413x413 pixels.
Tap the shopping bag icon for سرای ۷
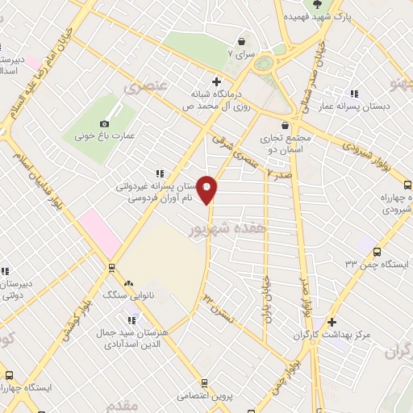[240, 41]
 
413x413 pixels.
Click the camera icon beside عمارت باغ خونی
[103, 123]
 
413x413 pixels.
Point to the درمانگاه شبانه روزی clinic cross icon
[215, 81]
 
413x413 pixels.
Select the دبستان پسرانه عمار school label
[375, 106]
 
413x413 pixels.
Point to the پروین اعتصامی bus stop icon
[206, 383]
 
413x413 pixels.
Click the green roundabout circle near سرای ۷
[268, 65]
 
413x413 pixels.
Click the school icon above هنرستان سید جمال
[131, 321]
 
